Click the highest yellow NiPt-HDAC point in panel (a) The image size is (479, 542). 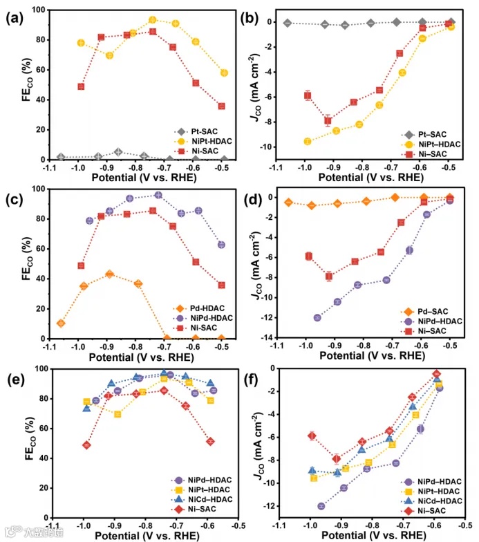click(x=153, y=20)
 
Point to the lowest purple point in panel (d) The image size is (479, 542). click(x=317, y=318)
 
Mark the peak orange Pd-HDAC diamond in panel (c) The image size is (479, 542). click(x=109, y=274)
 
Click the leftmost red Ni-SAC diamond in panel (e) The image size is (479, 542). click(x=86, y=445)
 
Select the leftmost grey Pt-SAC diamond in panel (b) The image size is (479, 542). click(x=287, y=23)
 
